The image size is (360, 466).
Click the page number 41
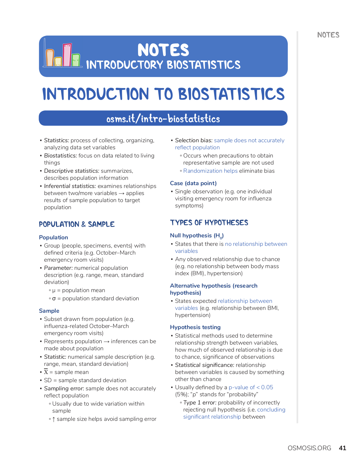[x=342, y=448]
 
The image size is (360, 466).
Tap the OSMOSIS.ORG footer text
[x=309, y=448]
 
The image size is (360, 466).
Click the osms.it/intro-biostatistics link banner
[x=163, y=118]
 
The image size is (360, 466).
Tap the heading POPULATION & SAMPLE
[x=77, y=224]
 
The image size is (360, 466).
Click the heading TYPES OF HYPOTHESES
[x=209, y=223]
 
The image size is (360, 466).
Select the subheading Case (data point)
[x=193, y=183]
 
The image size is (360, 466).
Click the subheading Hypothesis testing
[x=195, y=327]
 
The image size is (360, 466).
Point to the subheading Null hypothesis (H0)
[x=197, y=236]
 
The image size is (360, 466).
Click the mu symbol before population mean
[x=54, y=290]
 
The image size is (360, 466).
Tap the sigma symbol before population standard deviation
[x=54, y=299]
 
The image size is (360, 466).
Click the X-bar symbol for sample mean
[x=46, y=372]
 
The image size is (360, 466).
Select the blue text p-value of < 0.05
[x=251, y=387]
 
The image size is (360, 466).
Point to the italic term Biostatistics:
[x=60, y=156]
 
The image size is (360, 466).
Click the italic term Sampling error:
[x=64, y=388]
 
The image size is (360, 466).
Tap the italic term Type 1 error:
[x=200, y=402]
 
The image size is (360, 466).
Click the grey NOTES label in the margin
[x=328, y=35]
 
